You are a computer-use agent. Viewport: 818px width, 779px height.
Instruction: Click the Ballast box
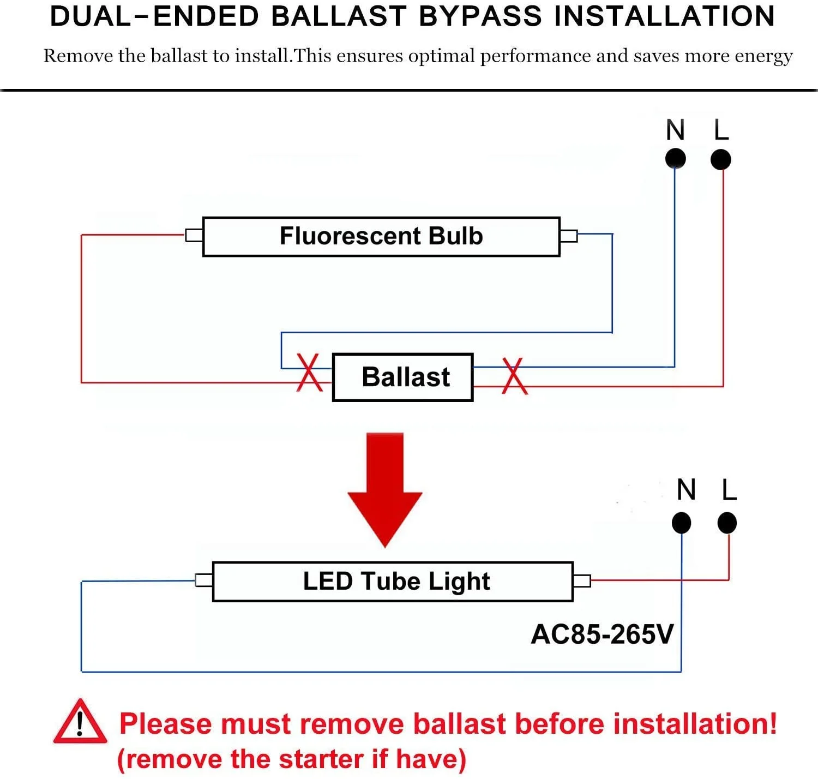pos(402,377)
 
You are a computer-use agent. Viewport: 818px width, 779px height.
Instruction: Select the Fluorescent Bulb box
pos(381,236)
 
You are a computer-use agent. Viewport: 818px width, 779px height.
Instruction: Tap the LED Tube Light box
pos(393,582)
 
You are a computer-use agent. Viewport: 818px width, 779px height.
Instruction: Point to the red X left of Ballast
pos(309,373)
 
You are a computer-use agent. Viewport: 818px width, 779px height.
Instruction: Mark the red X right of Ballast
pos(514,376)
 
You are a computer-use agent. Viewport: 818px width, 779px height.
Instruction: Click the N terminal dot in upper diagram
pos(675,159)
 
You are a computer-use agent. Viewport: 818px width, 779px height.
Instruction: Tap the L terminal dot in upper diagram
pos(721,160)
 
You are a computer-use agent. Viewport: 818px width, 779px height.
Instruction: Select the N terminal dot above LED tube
pos(682,523)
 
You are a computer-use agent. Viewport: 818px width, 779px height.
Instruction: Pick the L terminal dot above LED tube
pos(727,523)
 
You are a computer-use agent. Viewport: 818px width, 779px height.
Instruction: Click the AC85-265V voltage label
pos(602,634)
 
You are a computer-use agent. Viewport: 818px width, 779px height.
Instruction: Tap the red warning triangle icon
pos(80,723)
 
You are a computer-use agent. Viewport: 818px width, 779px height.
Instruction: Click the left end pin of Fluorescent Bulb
pos(194,235)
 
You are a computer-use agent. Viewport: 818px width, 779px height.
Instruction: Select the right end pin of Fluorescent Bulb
pos(568,236)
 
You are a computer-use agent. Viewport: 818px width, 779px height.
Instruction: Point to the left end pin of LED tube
pos(204,580)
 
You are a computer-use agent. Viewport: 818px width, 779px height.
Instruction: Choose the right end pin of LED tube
pos(582,580)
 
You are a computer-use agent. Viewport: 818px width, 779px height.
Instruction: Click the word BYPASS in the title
pos(480,16)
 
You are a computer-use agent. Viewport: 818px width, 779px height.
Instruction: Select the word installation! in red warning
pos(694,724)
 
